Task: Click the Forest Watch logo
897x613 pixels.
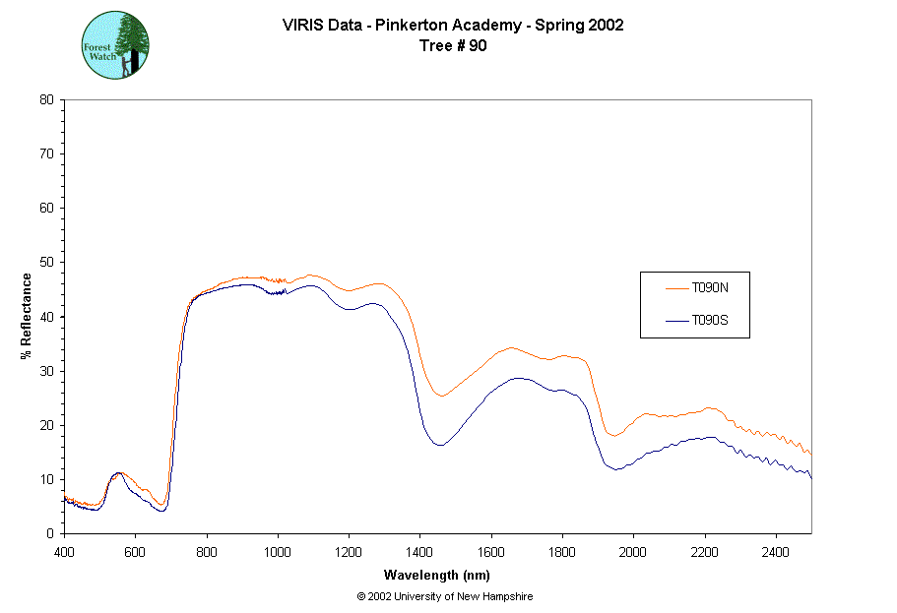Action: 116,45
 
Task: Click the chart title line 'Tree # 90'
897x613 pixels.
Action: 453,45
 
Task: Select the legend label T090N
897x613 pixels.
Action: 709,288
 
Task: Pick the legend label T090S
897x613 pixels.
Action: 709,321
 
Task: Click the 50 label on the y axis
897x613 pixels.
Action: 46,263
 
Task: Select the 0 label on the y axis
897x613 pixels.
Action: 50,533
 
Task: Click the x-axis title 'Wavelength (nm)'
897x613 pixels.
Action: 438,576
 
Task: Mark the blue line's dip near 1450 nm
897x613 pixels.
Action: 439,446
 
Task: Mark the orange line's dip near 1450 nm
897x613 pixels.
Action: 442,397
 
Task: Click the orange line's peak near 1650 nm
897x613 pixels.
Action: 510,348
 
